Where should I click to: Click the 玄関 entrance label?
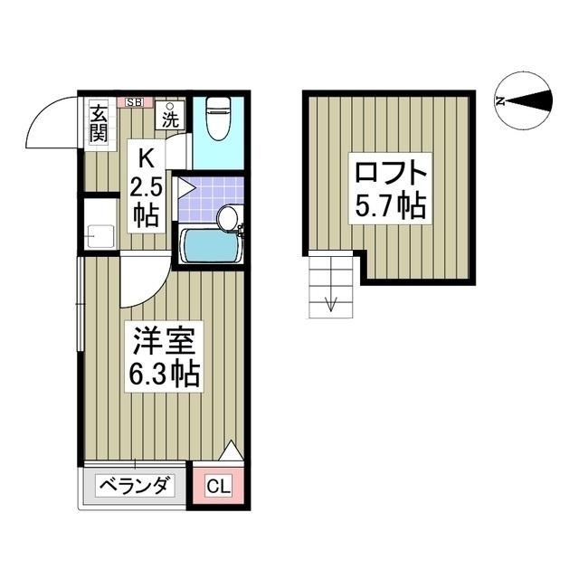pyautogui.click(x=98, y=125)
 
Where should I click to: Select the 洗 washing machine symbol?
pyautogui.click(x=170, y=116)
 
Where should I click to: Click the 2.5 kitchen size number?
pyautogui.click(x=145, y=187)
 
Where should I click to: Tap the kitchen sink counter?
pyautogui.click(x=99, y=225)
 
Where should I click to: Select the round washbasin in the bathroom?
pyautogui.click(x=228, y=217)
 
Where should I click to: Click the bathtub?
pyautogui.click(x=210, y=245)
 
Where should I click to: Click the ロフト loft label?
pyautogui.click(x=389, y=172)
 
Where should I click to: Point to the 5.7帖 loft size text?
pyautogui.click(x=389, y=206)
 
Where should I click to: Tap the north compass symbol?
pyautogui.click(x=525, y=101)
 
